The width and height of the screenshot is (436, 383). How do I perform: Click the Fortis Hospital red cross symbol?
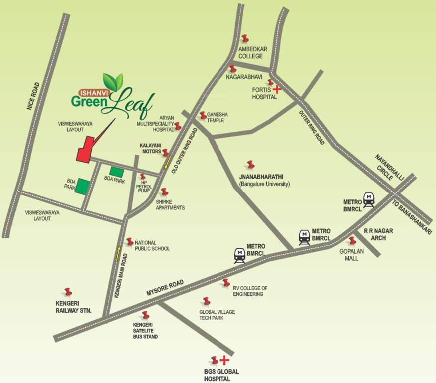tap(277, 89)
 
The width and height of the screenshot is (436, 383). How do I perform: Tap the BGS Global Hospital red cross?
tap(224, 360)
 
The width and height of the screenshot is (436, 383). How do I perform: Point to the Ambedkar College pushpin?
tap(244, 39)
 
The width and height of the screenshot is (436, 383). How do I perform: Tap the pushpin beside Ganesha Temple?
tap(203, 116)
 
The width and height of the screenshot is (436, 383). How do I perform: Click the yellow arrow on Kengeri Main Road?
tap(119, 253)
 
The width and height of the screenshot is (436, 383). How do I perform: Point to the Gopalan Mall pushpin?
tap(352, 241)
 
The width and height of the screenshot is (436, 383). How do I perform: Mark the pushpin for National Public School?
tap(130, 242)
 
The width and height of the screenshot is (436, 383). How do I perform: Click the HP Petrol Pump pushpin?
tap(143, 177)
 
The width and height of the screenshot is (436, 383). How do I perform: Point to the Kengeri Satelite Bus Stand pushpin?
tap(145, 315)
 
